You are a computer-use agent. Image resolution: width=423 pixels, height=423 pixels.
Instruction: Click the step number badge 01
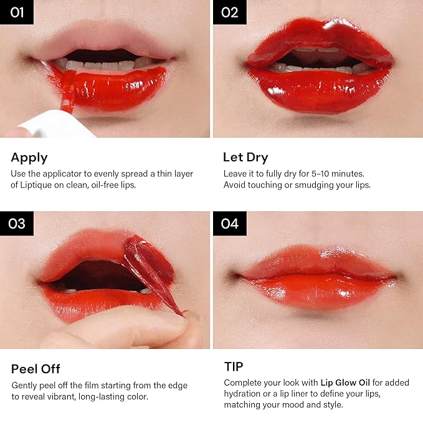(17, 12)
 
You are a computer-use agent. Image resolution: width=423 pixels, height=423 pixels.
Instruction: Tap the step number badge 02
(230, 12)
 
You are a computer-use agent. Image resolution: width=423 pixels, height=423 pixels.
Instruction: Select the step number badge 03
(17, 224)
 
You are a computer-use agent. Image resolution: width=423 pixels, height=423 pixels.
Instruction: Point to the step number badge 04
(230, 224)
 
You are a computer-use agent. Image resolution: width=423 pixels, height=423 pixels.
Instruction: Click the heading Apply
(29, 158)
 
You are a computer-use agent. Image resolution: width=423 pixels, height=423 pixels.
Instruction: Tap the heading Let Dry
(245, 158)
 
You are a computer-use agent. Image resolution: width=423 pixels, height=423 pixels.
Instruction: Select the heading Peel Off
(36, 369)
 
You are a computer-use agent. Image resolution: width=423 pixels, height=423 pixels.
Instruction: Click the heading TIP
(234, 366)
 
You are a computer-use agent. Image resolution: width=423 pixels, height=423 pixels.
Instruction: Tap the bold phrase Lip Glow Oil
(345, 383)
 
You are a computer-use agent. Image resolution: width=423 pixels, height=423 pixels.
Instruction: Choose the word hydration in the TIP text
(242, 394)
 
